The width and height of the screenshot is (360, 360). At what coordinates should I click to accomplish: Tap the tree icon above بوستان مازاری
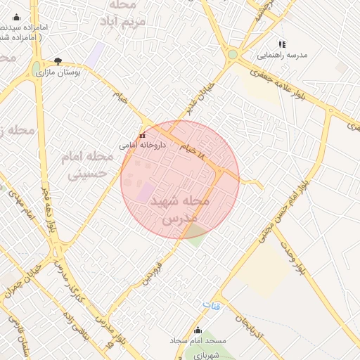point(58,61)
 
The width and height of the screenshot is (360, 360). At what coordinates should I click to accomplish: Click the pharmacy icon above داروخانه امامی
point(142,135)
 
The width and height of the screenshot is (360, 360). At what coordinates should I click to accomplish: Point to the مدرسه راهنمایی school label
point(281,54)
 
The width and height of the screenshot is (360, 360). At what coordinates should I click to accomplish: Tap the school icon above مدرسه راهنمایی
point(282,44)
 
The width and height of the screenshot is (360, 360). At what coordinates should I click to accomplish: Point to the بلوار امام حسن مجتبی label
point(283,211)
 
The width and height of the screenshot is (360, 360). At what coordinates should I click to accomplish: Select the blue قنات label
point(211,306)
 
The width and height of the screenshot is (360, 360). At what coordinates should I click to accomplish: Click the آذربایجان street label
point(250,324)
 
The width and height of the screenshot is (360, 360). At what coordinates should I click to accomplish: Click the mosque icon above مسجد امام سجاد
point(197,330)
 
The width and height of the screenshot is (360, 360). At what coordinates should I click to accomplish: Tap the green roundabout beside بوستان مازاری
point(36,69)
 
